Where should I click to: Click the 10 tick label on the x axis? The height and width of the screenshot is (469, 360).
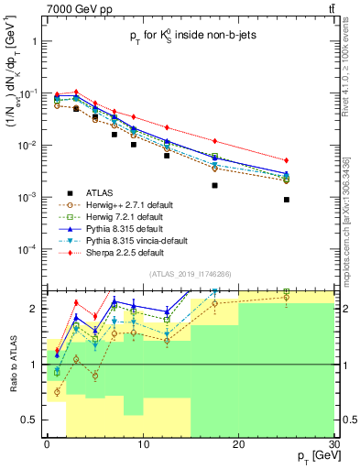tap(143, 444)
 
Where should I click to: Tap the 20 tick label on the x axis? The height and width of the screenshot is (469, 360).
tap(238, 444)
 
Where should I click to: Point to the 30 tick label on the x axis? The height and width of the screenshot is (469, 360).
tap(333, 444)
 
